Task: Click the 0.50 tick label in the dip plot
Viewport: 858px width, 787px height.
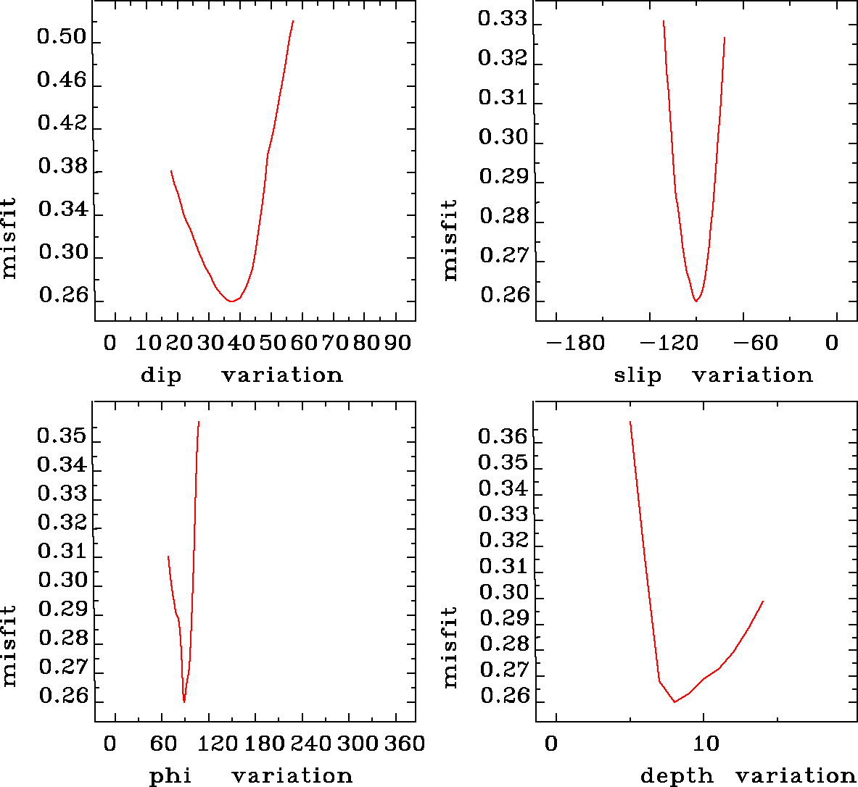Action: click(62, 38)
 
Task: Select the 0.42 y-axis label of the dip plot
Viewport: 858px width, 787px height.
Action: click(62, 123)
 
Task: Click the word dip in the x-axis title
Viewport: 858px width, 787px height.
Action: click(161, 375)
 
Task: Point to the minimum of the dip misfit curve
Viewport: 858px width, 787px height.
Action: click(231, 300)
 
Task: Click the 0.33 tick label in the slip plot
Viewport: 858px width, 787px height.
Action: click(502, 19)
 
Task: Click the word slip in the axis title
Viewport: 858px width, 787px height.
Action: click(638, 375)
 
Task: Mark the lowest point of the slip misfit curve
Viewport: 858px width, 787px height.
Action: click(696, 300)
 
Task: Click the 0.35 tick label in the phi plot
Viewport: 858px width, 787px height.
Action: click(62, 437)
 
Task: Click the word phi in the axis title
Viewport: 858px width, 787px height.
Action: click(170, 776)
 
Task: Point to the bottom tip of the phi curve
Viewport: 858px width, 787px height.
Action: click(184, 701)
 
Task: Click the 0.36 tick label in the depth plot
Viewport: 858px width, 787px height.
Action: click(503, 437)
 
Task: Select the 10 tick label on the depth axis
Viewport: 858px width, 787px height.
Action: click(705, 744)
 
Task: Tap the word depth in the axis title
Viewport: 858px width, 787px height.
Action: click(676, 776)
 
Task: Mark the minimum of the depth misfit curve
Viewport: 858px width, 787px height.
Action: click(675, 701)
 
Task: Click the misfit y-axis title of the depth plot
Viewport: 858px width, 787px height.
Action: click(450, 647)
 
